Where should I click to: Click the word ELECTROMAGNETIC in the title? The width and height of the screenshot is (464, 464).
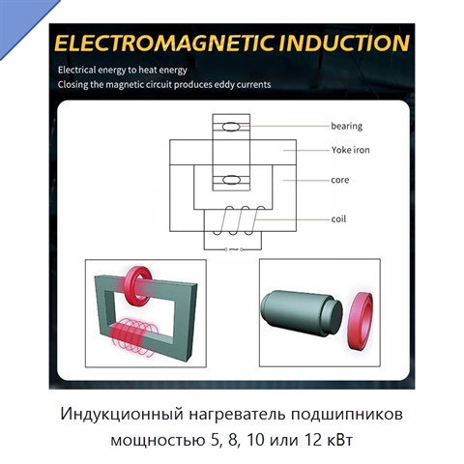tap(164, 43)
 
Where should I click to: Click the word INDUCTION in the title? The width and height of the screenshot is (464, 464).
tap(344, 43)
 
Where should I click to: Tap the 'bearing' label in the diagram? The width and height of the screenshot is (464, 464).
tap(346, 126)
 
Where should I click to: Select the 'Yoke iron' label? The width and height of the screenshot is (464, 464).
tap(350, 150)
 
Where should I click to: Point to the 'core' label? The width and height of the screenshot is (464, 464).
tap(340, 180)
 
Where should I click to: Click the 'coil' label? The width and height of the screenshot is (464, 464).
tap(338, 219)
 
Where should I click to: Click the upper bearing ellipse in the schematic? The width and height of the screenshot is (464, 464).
tap(231, 127)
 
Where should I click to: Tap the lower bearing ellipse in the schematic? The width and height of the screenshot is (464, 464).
tap(231, 180)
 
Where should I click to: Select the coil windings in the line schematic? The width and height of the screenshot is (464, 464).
tap(239, 220)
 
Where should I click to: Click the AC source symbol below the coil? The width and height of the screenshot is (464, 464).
tap(233, 249)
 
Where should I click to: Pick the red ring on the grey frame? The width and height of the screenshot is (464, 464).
tap(139, 285)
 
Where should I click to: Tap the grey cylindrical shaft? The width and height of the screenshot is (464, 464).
tap(302, 312)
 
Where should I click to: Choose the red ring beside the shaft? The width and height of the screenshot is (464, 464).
tap(361, 320)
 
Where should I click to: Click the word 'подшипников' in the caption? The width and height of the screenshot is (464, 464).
tap(347, 415)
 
